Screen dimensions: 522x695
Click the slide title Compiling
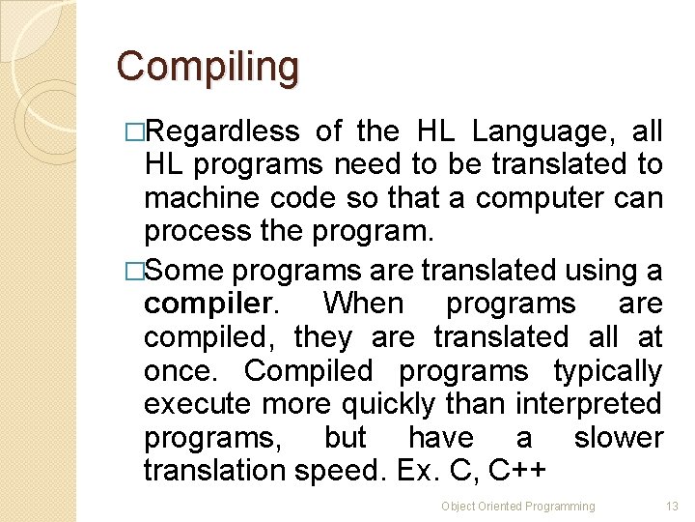click(208, 67)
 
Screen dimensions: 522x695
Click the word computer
click(536, 199)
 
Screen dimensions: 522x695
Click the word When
click(363, 304)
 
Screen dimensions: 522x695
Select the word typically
click(608, 372)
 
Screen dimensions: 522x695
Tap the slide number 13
click(673, 507)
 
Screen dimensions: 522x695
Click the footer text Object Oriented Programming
click(518, 507)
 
